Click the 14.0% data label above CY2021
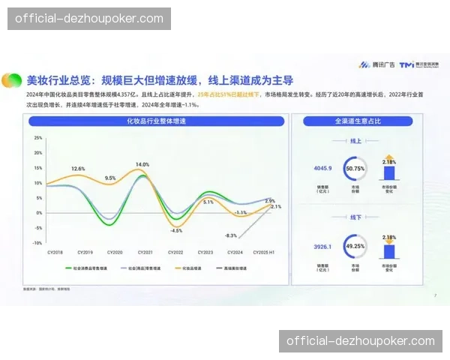(142, 164)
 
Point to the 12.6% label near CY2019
(78, 169)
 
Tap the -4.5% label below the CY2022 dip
(176, 230)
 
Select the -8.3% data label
(230, 235)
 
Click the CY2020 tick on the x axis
(115, 252)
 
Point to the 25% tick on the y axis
(37, 139)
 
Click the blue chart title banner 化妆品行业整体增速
(156, 121)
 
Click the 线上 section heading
(356, 140)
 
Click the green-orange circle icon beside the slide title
(12, 79)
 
